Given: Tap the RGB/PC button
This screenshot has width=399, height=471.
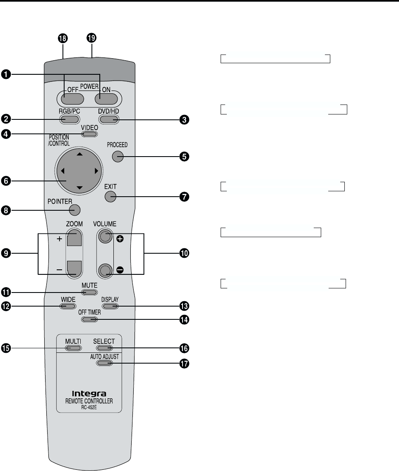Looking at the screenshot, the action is click(69, 119).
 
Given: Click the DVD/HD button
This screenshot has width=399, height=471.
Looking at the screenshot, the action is click(109, 119).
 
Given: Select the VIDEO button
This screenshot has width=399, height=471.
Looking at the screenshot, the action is click(89, 134).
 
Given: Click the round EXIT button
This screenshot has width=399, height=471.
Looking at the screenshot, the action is click(111, 197).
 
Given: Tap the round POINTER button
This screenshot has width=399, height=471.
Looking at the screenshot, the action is click(75, 209).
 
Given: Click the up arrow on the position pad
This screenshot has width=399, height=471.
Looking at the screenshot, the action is click(79, 154).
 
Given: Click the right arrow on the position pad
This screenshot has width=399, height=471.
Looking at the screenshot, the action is click(96, 171).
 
